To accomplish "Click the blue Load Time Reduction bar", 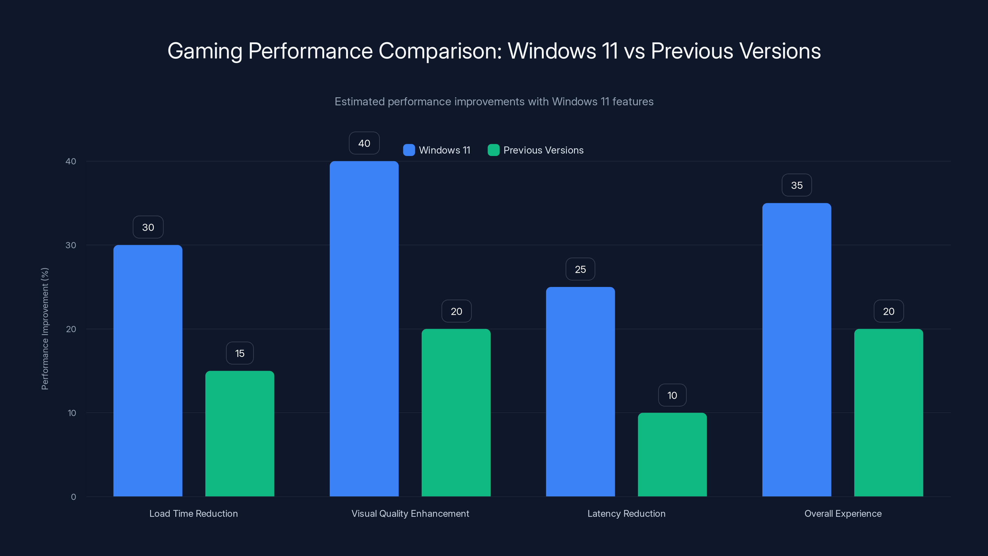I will coord(148,370).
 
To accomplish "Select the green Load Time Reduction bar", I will coord(240,434).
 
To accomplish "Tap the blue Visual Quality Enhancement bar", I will coord(364,328).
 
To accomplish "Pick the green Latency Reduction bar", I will coord(672,454).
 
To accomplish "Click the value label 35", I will coord(797,185).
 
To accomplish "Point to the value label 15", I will coord(240,353).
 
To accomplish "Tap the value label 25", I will coord(580,269).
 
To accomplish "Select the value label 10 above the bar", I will coord(672,395).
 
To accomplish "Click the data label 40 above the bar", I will coord(364,143).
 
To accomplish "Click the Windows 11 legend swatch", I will coord(409,150).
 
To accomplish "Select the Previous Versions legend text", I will coord(543,150).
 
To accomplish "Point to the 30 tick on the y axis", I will coord(71,245).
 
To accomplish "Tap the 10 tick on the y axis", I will coord(72,413).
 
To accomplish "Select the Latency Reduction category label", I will coord(626,513).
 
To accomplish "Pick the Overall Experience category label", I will coord(843,513).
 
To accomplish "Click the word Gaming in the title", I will coord(205,51).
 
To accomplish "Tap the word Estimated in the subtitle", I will coord(359,102).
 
